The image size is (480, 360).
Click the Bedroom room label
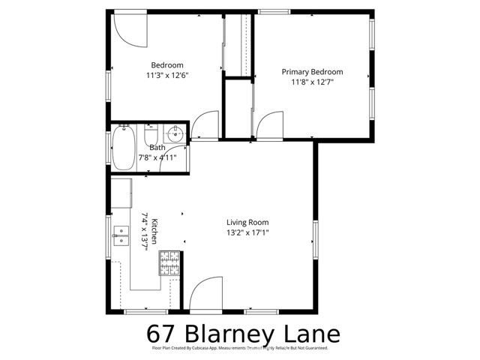pyautogui.click(x=167, y=65)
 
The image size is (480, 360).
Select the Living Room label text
pyautogui.click(x=247, y=222)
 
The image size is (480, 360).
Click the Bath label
pyautogui.click(x=157, y=148)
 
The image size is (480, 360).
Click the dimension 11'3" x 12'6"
pyautogui.click(x=167, y=75)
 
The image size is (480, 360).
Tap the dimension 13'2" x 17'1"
pyautogui.click(x=247, y=232)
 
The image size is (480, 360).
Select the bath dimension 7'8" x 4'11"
pyautogui.click(x=157, y=157)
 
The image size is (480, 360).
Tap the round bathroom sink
pyautogui.click(x=175, y=134)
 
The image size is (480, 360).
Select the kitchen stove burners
pyautogui.click(x=169, y=262)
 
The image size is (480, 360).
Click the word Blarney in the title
pyautogui.click(x=234, y=332)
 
